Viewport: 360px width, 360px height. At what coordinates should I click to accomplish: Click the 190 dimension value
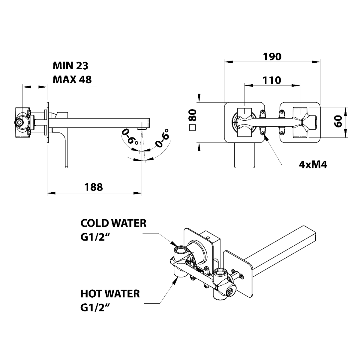pos(272,57)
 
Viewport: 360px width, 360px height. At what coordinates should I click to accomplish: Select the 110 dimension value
pos(272,80)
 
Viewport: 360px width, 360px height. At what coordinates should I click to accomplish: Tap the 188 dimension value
pos(94,187)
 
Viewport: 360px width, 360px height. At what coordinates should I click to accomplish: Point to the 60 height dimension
pos(338,121)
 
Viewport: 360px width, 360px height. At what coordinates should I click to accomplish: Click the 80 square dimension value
pos(193,115)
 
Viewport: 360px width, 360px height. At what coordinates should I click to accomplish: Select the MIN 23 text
pos(70,66)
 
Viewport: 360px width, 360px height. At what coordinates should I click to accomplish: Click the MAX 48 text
pos(72,79)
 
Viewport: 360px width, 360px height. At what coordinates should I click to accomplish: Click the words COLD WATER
pos(113,223)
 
